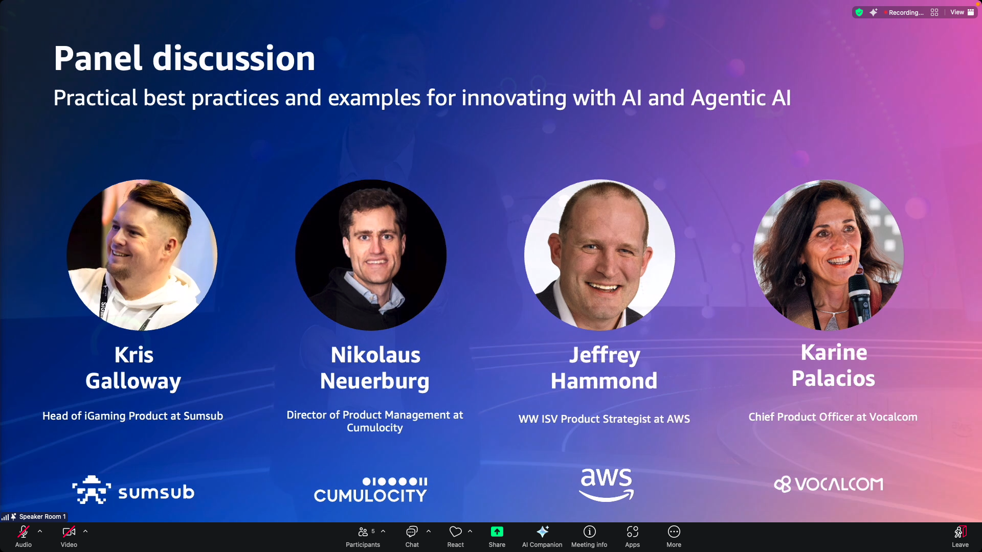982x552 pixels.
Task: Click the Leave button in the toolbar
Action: point(960,536)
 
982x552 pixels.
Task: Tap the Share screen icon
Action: point(497,532)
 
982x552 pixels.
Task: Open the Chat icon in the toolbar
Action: point(412,532)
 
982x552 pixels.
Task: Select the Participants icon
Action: point(363,532)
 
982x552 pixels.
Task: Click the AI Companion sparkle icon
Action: point(542,532)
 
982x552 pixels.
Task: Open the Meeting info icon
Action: point(589,532)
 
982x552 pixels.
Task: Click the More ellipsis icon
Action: point(674,532)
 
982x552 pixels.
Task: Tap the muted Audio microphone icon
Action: point(23,532)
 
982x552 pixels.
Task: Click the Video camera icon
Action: point(69,532)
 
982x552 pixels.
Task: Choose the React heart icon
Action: point(455,532)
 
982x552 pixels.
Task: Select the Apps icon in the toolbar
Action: point(632,532)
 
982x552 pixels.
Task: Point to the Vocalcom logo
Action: point(829,484)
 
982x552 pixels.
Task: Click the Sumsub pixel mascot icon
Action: point(92,490)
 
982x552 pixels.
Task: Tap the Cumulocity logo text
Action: point(370,495)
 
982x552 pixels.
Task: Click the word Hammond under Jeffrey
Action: point(604,381)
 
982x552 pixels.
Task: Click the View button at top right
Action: point(962,12)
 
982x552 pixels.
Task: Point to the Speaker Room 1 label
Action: point(42,517)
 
